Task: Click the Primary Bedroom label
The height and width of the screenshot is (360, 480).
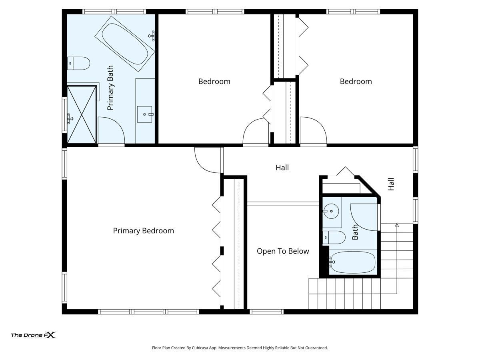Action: click(143, 231)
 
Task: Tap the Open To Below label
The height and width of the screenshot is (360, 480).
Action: click(283, 251)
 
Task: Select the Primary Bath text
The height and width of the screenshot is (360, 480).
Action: click(110, 88)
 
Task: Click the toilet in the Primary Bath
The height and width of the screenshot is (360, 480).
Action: click(78, 63)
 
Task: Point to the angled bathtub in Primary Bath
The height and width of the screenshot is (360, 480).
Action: click(125, 44)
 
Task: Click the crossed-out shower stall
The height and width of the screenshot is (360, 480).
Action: click(82, 114)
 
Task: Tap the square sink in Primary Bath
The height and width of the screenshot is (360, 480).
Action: click(144, 114)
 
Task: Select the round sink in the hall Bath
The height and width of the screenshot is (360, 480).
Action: click(331, 211)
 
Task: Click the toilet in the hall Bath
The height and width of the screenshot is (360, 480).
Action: click(334, 237)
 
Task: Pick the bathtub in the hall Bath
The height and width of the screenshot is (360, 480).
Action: click(352, 262)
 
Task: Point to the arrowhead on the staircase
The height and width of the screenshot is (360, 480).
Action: click(397, 225)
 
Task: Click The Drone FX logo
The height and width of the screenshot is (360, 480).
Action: click(34, 335)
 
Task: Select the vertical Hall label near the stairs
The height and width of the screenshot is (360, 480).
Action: click(391, 184)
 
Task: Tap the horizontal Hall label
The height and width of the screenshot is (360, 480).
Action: click(282, 168)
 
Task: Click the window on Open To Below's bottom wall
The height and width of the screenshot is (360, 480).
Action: click(266, 312)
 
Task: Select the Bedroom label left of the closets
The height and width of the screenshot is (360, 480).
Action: click(214, 82)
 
